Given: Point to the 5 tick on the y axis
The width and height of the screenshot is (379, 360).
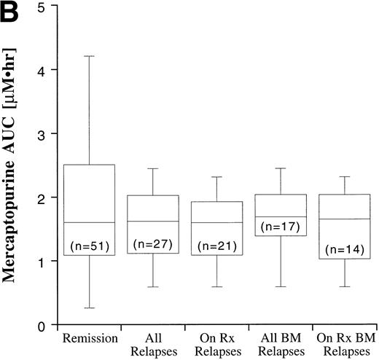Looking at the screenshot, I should point(45,7).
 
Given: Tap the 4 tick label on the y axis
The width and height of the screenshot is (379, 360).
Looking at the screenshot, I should point(45,71).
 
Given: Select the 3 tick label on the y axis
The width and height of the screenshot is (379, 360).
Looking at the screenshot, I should point(45,135).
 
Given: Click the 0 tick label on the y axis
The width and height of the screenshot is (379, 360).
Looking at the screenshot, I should point(45,326).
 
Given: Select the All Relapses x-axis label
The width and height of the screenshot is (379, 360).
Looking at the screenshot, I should point(152,345).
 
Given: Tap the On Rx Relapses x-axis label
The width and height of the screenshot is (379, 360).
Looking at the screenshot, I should point(216,345).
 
